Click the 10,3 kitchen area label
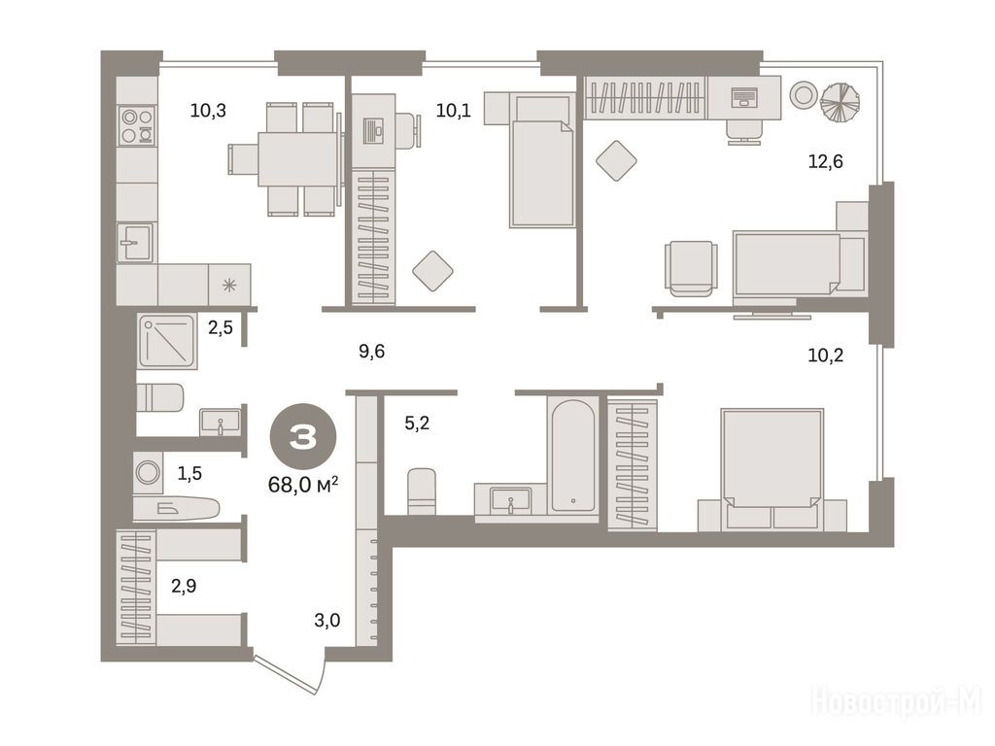[208, 111]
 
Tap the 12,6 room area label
[825, 162]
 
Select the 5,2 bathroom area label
[417, 423]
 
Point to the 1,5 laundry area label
[189, 473]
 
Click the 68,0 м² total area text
[303, 486]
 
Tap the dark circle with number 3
[303, 436]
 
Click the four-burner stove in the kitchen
[137, 125]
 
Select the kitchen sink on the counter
[134, 242]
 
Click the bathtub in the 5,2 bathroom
[573, 455]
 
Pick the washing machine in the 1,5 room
[148, 473]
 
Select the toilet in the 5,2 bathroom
[422, 492]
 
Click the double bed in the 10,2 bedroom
[772, 469]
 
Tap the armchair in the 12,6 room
[692, 268]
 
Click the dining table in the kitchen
[297, 158]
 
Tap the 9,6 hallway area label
[371, 352]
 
